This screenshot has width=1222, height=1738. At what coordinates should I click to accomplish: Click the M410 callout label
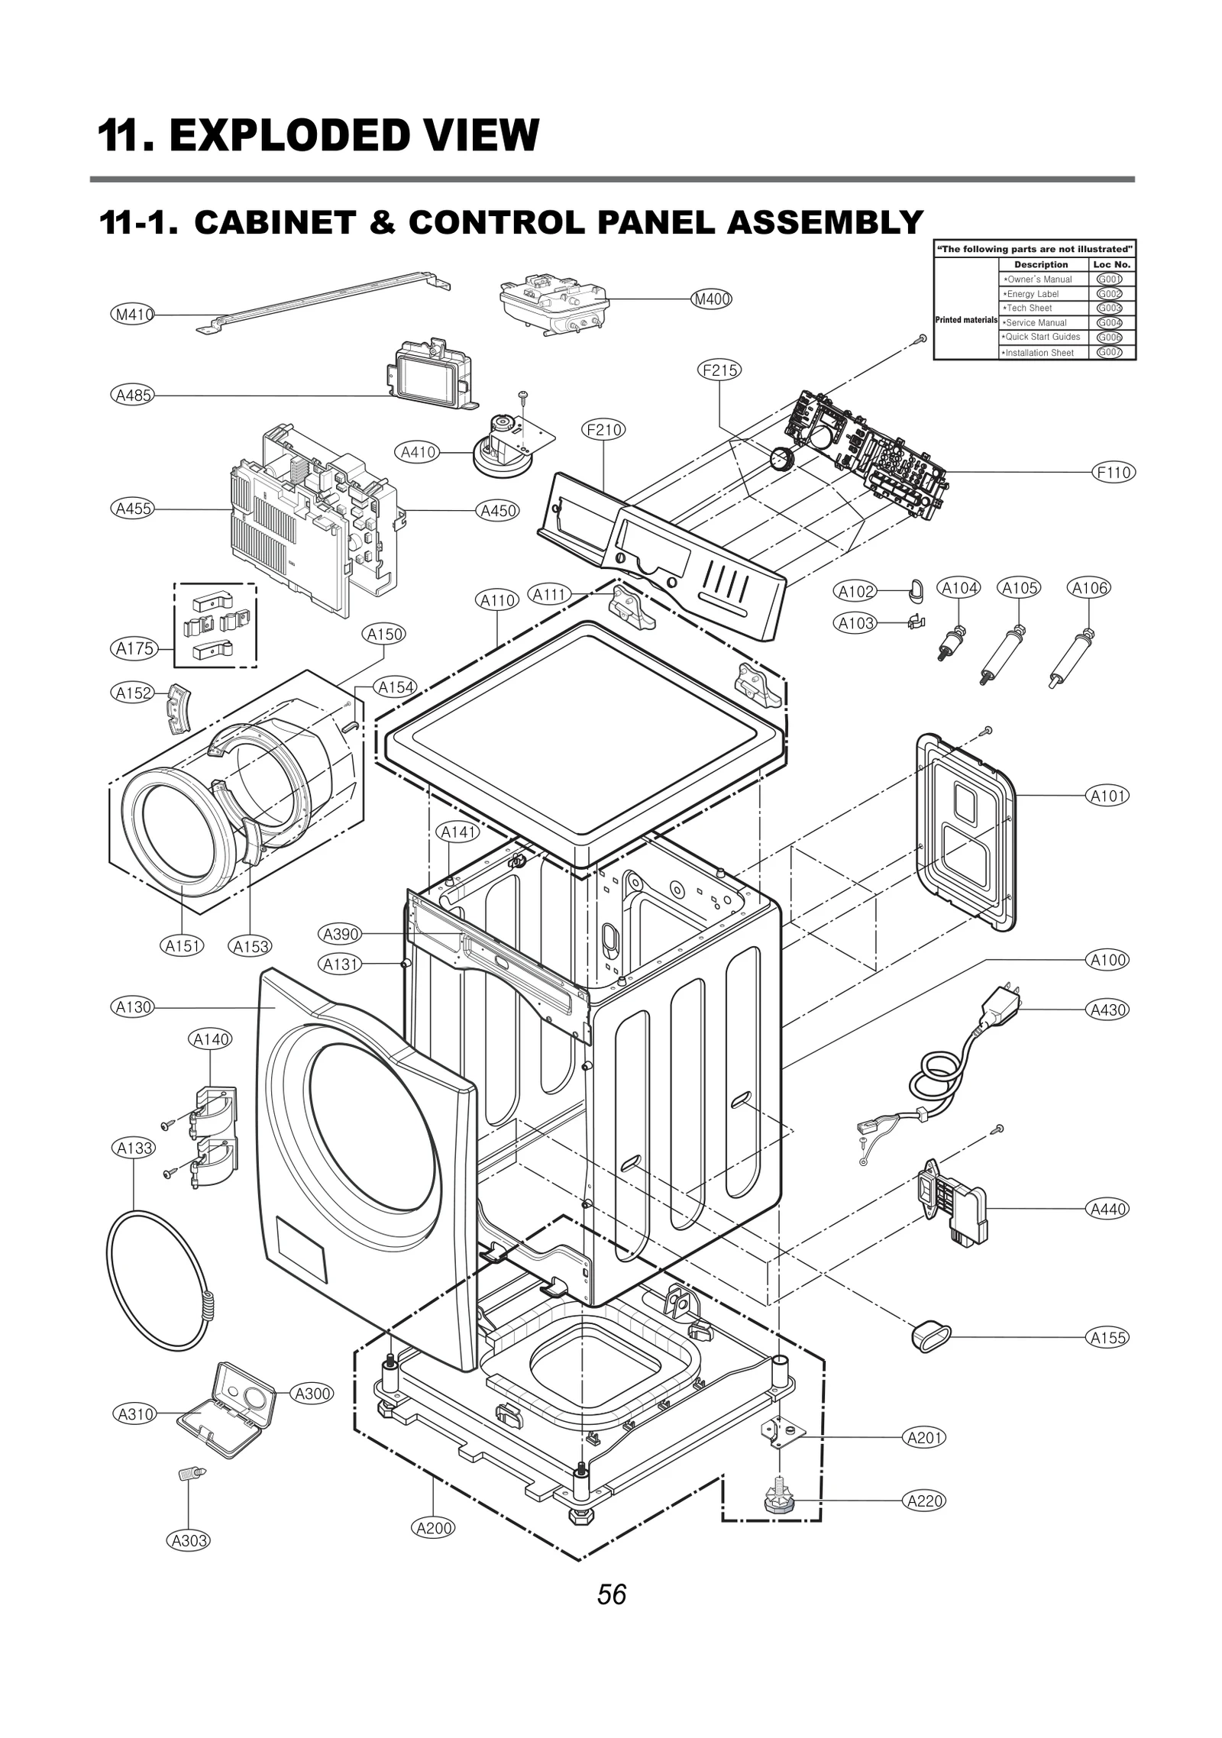pyautogui.click(x=133, y=314)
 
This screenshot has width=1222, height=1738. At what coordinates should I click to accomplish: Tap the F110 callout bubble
pyautogui.click(x=1113, y=473)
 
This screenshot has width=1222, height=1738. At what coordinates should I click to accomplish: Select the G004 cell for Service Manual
pyautogui.click(x=1109, y=323)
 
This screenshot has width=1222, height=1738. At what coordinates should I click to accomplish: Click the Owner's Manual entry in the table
pyautogui.click(x=1039, y=279)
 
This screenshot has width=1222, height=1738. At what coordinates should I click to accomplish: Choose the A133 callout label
pyautogui.click(x=134, y=1148)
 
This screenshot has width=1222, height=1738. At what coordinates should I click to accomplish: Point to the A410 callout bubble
pyautogui.click(x=419, y=452)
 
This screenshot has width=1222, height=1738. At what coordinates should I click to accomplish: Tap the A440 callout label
pyautogui.click(x=1107, y=1209)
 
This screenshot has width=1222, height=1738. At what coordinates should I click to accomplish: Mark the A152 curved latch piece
pyautogui.click(x=178, y=707)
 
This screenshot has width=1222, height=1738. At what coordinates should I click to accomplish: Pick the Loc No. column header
pyautogui.click(x=1111, y=264)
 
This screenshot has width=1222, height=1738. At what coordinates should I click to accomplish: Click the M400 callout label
pyautogui.click(x=711, y=299)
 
